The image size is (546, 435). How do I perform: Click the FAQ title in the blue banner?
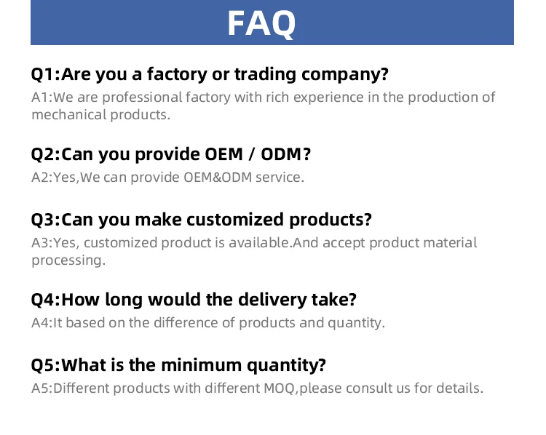pos(261,23)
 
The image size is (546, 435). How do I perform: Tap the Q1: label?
pos(46,74)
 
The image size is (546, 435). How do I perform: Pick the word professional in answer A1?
pos(142,97)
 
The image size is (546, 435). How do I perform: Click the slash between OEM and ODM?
pos(252,154)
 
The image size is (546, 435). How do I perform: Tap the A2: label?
pos(41,177)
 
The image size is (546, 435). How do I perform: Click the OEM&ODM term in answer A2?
pos(218,177)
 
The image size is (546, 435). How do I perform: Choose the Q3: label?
pos(46,220)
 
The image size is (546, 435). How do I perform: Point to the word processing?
pos(68,260)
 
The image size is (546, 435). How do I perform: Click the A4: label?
pos(41,323)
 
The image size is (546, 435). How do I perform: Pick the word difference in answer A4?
pos(186,322)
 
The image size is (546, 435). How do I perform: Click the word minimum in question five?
pos(201,365)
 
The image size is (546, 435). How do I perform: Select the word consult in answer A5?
pos(369,388)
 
